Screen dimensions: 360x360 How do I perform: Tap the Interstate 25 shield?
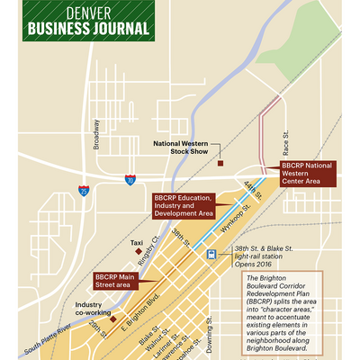click(84, 190)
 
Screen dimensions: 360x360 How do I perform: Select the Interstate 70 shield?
click(130, 180)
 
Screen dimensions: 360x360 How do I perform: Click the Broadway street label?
click(96, 134)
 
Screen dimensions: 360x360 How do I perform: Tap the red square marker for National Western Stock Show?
click(220, 164)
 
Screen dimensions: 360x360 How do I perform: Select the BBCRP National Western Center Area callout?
click(307, 173)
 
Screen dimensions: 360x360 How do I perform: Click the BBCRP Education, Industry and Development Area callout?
click(182, 206)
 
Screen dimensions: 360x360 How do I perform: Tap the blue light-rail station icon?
click(211, 254)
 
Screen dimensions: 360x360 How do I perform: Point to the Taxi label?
click(136, 243)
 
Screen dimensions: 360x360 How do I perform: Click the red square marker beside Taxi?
click(138, 252)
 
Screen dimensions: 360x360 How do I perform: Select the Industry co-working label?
click(94, 310)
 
